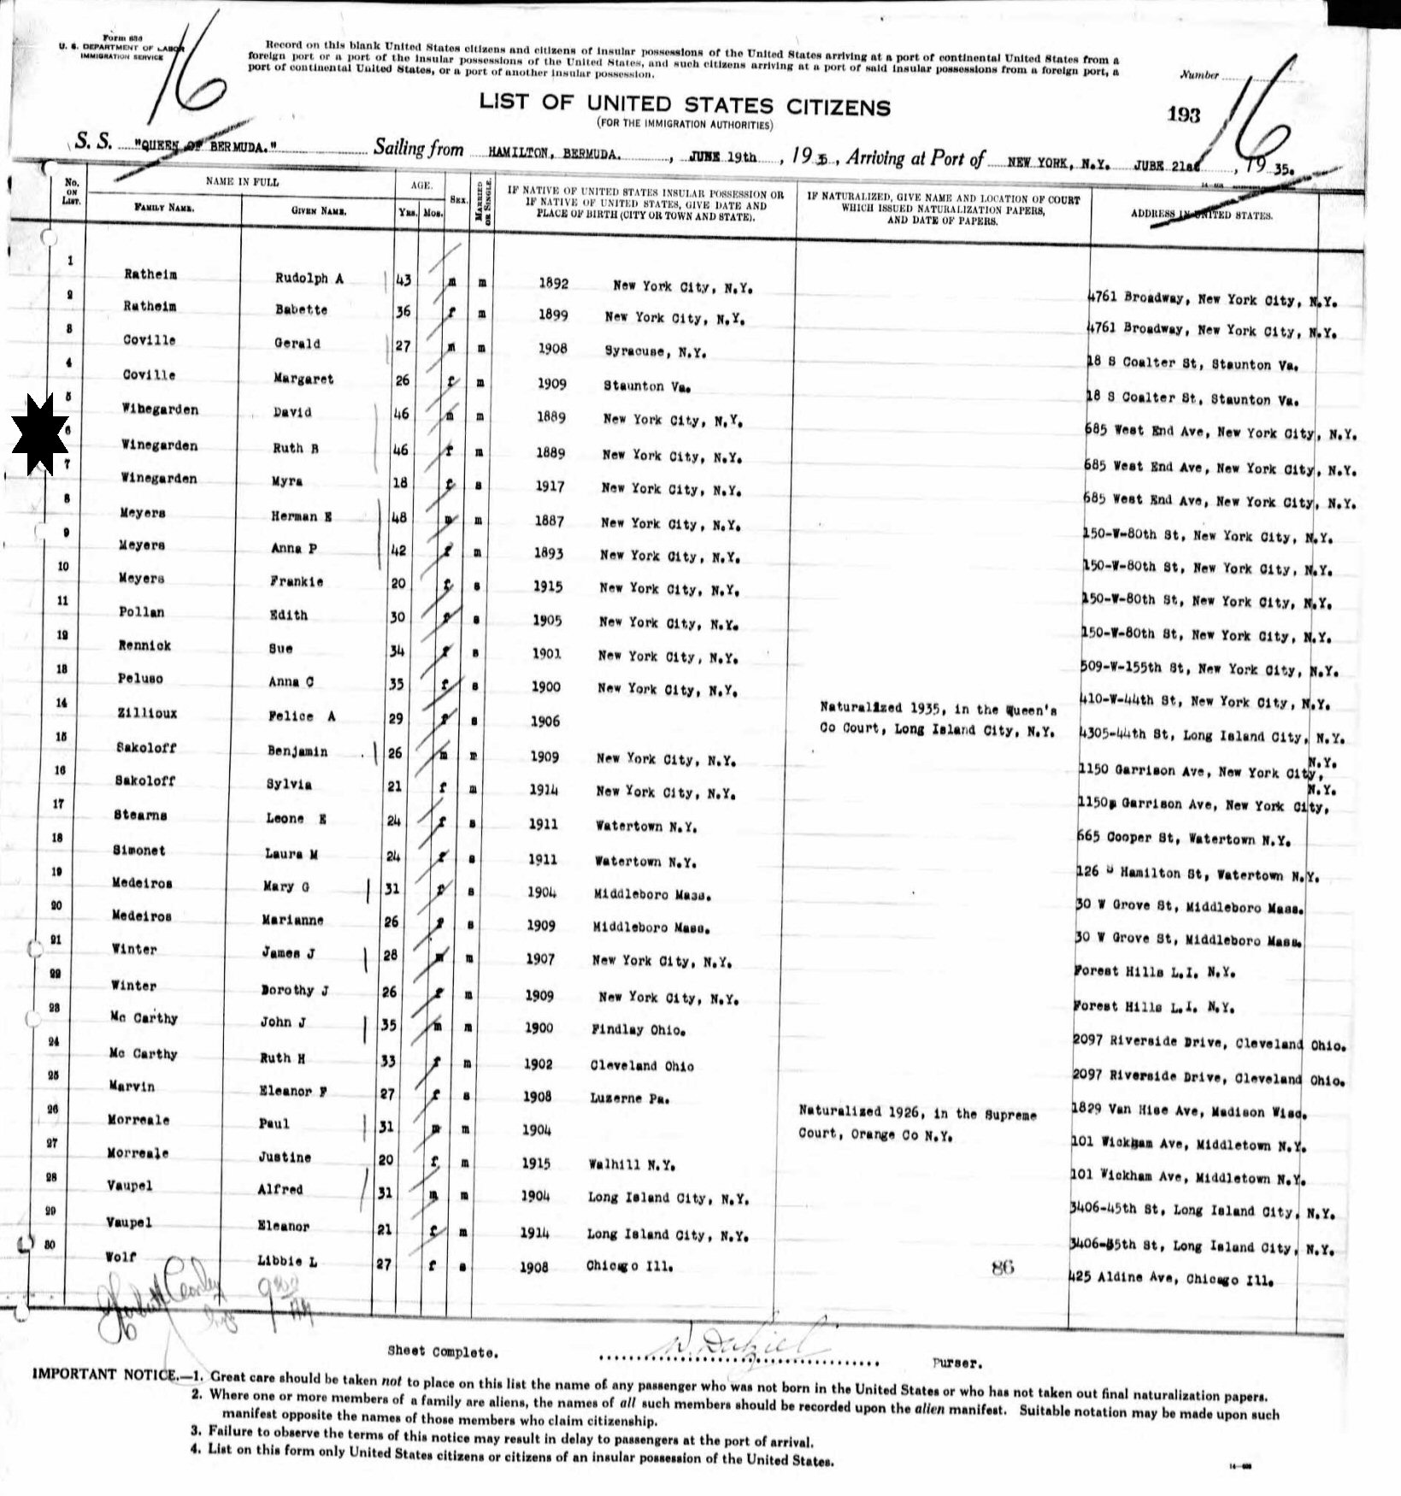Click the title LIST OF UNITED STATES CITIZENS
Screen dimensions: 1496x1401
pos(684,106)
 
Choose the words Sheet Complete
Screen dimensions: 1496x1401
pos(441,1352)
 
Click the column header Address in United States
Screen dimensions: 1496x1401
pos(1201,215)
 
